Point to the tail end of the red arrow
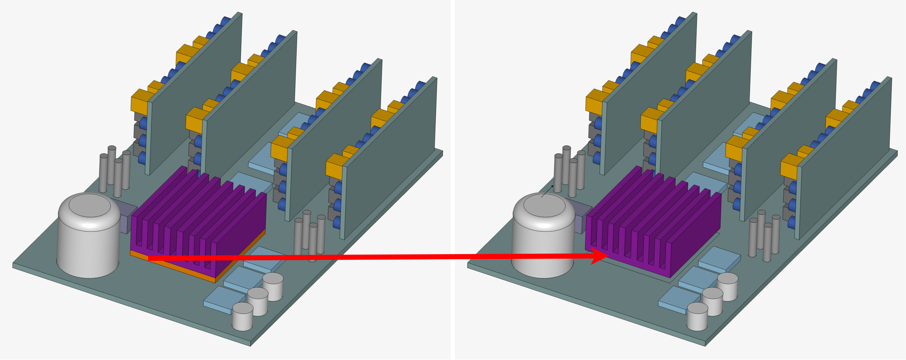[x=149, y=258]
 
